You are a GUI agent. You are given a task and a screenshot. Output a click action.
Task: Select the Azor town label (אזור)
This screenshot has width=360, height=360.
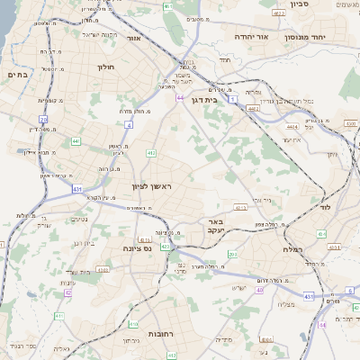(x=133, y=39)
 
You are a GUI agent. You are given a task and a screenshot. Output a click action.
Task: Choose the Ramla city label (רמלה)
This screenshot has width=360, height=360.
(x=292, y=248)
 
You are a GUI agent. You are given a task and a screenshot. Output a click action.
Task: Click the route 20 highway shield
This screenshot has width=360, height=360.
(x=43, y=119)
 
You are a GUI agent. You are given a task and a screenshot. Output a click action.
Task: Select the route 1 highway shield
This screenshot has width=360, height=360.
(x=232, y=99)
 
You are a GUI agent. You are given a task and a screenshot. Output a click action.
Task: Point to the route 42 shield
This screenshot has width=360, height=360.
(x=68, y=292)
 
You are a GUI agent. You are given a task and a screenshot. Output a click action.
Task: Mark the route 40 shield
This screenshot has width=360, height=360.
(x=260, y=290)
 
